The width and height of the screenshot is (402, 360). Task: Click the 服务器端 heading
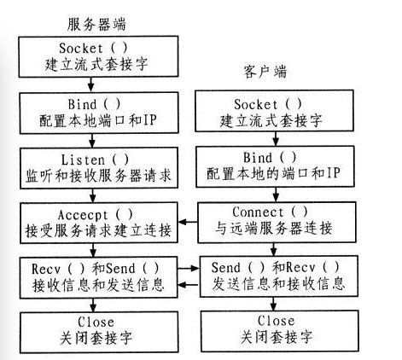click(x=96, y=24)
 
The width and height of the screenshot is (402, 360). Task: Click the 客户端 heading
click(x=265, y=72)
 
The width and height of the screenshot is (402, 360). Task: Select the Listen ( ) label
click(x=95, y=160)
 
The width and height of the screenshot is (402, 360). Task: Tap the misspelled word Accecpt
click(x=83, y=215)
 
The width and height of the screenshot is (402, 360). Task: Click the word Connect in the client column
click(x=258, y=212)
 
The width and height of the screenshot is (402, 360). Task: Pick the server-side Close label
click(x=96, y=322)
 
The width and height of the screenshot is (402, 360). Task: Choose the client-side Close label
click(x=276, y=321)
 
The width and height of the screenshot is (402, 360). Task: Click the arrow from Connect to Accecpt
click(x=188, y=222)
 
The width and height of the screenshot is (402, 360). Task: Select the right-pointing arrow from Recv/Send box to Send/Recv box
click(x=189, y=268)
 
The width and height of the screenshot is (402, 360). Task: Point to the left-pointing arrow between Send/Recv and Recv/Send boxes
click(x=189, y=284)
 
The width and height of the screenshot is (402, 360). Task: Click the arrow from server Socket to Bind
click(x=90, y=84)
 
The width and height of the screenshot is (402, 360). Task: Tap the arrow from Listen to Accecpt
click(x=93, y=195)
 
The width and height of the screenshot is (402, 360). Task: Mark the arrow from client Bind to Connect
click(x=276, y=195)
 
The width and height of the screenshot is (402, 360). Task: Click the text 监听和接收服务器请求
click(x=99, y=176)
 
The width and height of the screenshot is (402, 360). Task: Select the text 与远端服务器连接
click(x=274, y=228)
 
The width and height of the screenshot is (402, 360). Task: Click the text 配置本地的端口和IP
click(x=273, y=173)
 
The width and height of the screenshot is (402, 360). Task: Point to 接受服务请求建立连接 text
click(x=99, y=230)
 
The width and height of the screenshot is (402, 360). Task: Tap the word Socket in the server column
click(x=80, y=48)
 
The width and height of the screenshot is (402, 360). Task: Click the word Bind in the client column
click(x=258, y=157)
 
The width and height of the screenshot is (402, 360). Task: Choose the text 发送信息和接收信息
click(x=278, y=283)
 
